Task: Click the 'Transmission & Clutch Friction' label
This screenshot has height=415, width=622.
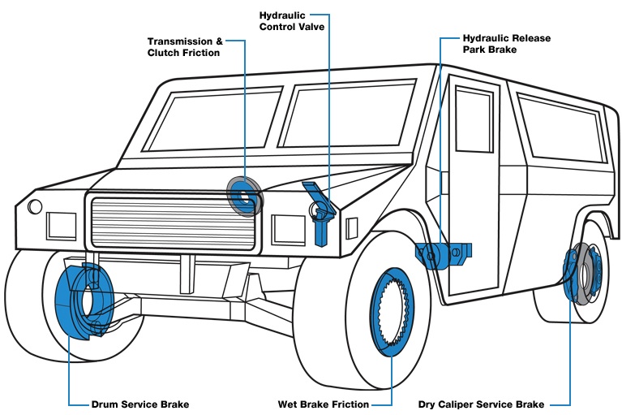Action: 184,47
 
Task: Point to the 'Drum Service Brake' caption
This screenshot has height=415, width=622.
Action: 140,404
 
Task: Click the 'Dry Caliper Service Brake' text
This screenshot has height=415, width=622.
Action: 481,404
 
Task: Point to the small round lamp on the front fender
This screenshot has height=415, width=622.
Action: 35,206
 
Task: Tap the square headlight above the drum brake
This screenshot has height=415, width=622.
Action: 61,225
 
